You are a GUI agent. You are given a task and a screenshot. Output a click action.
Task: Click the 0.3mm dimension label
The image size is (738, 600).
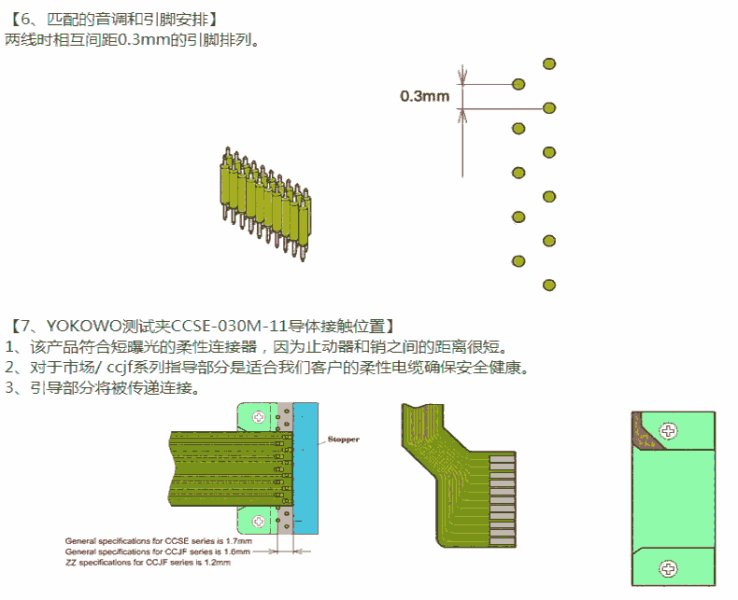point(425,95)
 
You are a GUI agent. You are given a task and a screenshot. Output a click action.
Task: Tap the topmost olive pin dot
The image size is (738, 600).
point(549,63)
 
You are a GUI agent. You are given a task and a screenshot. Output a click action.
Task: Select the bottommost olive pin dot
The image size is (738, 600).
point(549,285)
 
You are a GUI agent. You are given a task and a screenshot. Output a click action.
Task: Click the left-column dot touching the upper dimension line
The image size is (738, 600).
point(518,84)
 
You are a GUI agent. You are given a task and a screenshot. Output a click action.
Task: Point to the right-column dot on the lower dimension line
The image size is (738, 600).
point(549,108)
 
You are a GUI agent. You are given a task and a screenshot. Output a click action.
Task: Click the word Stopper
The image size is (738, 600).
point(343,439)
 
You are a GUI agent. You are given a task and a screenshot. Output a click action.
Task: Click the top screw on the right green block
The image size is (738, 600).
point(668,430)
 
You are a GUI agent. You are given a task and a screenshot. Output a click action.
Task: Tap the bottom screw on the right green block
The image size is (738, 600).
point(668,566)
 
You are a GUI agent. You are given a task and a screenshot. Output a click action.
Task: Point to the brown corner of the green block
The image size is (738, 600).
point(646,429)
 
